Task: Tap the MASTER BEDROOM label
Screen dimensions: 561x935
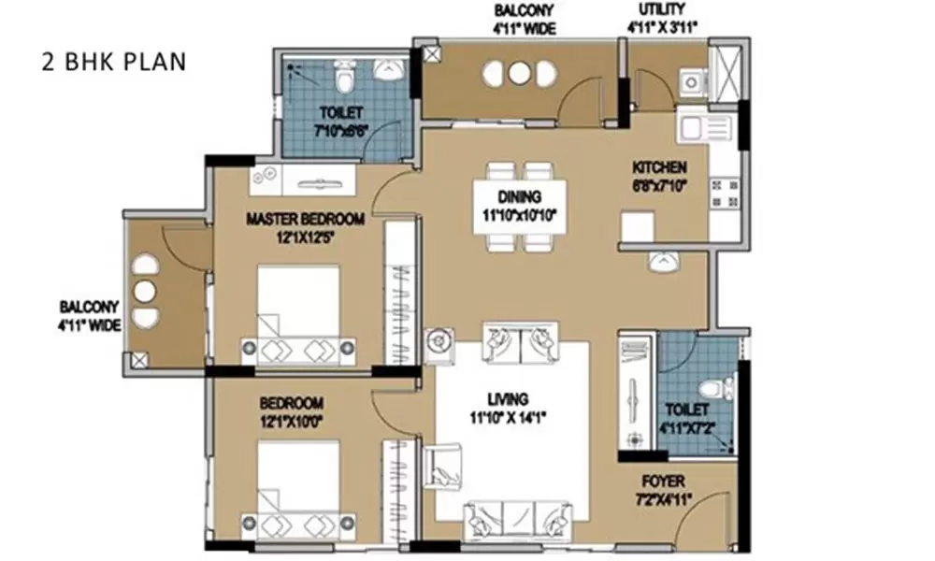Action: [305, 220]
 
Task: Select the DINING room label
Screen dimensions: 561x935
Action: [520, 197]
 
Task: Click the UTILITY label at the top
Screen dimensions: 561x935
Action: [659, 10]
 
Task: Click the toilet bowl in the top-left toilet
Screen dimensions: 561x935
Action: [343, 76]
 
